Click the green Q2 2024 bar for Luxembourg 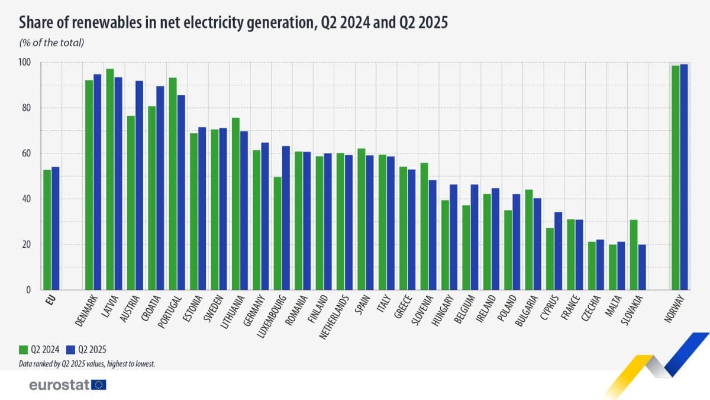277,233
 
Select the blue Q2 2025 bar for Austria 140,185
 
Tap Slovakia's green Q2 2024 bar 634,255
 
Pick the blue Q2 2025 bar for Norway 684,177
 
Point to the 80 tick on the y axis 28,108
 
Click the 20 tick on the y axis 28,245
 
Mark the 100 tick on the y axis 27,63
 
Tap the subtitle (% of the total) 51,43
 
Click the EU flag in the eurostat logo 99,385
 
